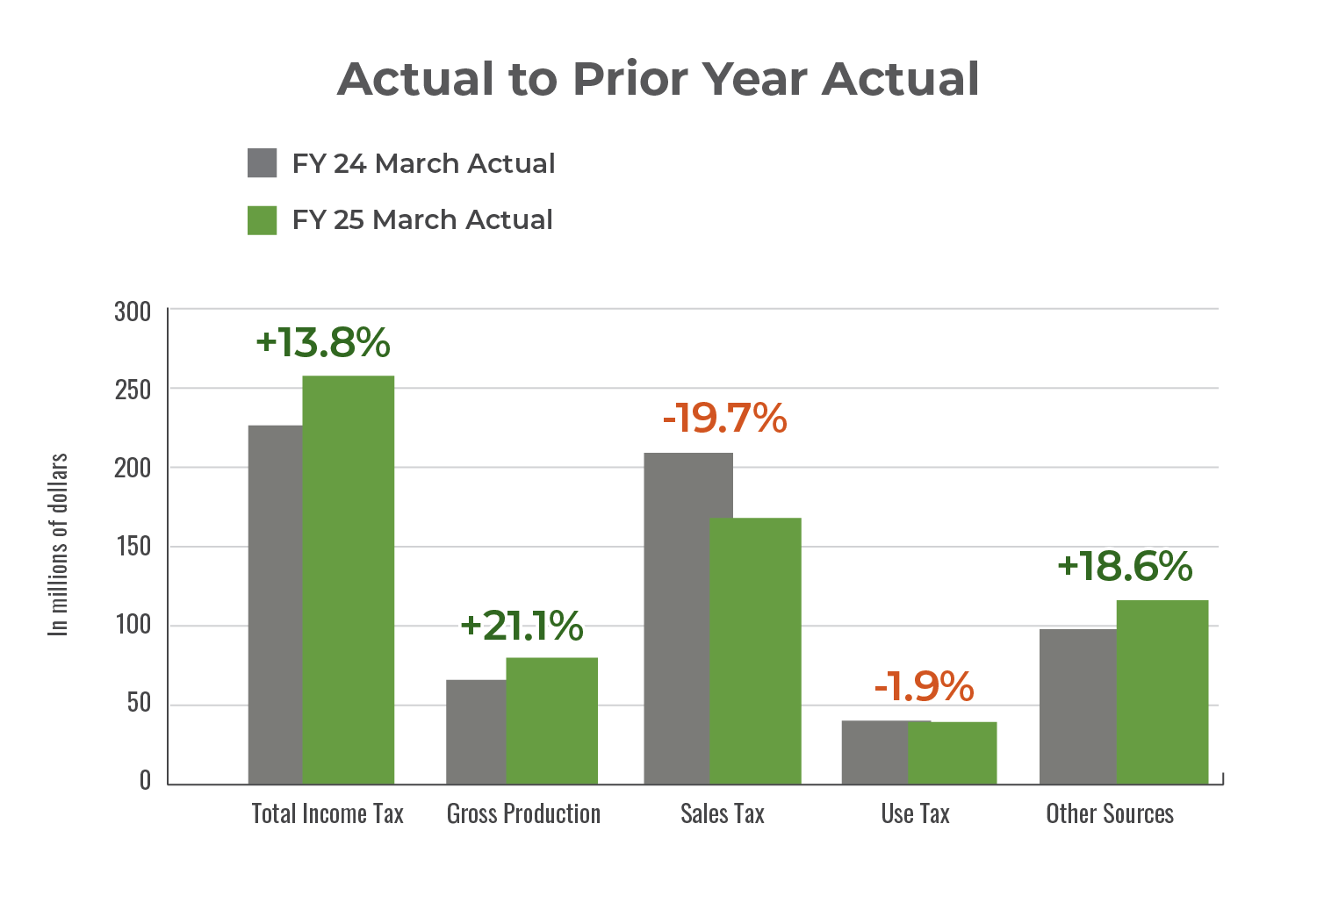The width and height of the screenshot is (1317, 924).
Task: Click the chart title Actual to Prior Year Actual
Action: pyautogui.click(x=658, y=79)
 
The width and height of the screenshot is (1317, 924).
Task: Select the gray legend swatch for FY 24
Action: pyautogui.click(x=263, y=163)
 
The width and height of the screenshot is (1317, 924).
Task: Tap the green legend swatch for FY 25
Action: pyautogui.click(x=263, y=219)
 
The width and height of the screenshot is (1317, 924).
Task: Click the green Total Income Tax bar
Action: pyautogui.click(x=349, y=579)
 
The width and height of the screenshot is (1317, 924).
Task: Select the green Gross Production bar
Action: pyautogui.click(x=551, y=720)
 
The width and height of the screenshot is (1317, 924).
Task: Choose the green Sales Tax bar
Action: pyautogui.click(x=755, y=650)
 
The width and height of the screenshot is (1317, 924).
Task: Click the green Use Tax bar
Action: pyautogui.click(x=953, y=752)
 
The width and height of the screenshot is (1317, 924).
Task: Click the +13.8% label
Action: pyautogui.click(x=322, y=343)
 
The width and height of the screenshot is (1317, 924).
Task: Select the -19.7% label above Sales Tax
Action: pyautogui.click(x=724, y=419)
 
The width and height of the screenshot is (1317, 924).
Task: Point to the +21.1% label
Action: pyautogui.click(x=522, y=627)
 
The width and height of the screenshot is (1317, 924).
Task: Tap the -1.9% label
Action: pyautogui.click(x=924, y=686)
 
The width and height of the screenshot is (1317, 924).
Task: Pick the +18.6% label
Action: pyautogui.click(x=1125, y=567)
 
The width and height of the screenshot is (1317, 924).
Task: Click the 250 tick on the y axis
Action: pyautogui.click(x=133, y=390)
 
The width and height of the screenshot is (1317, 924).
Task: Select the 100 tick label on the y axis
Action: pyautogui.click(x=133, y=626)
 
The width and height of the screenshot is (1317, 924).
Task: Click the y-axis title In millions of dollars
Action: pyautogui.click(x=58, y=544)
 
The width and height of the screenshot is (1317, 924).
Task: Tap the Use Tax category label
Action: pyautogui.click(x=915, y=814)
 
